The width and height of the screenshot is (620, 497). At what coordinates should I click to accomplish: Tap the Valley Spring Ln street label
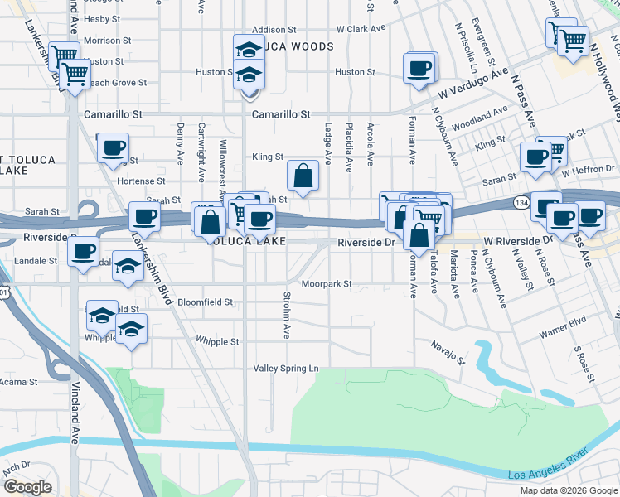(x=285, y=368)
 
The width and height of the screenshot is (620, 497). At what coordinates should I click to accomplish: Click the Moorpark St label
(x=327, y=283)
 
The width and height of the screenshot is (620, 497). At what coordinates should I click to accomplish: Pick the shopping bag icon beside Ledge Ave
(x=303, y=175)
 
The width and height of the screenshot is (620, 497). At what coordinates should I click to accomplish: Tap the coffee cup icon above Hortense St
(x=113, y=149)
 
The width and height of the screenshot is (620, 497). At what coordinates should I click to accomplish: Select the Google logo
(x=27, y=487)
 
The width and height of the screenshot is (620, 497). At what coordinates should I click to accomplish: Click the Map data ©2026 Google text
(x=569, y=490)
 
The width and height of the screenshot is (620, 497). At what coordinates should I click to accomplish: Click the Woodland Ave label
(x=481, y=115)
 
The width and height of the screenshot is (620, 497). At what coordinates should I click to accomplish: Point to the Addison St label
(x=274, y=30)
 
